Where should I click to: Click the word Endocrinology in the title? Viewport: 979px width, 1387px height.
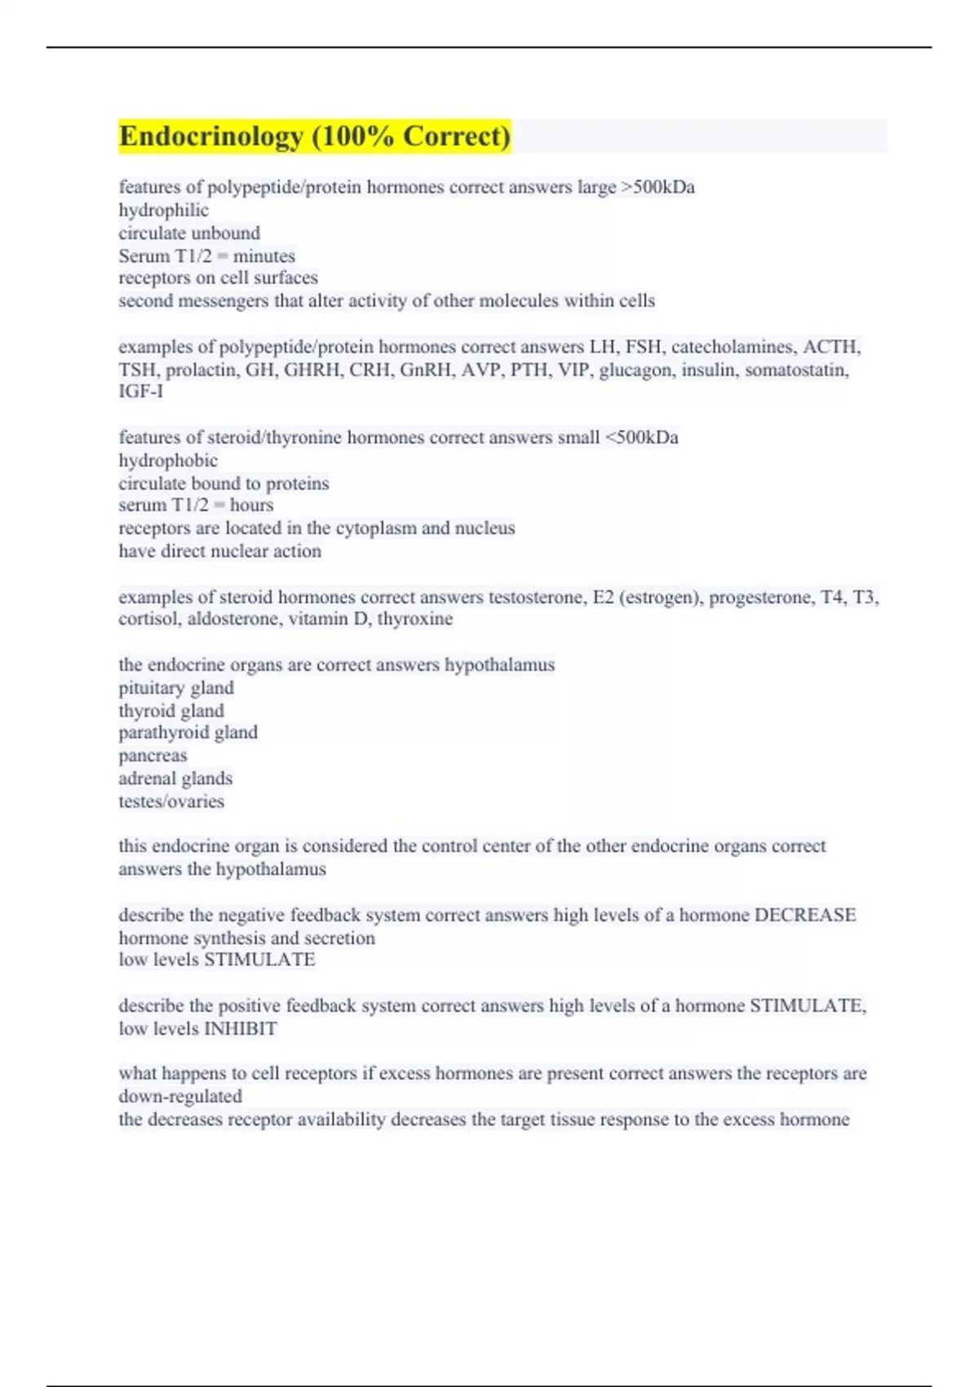(210, 136)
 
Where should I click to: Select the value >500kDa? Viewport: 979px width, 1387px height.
(658, 188)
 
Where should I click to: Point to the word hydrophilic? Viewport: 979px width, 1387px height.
(163, 210)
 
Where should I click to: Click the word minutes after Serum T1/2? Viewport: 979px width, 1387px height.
(264, 256)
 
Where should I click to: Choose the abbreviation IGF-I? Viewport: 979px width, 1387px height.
(140, 392)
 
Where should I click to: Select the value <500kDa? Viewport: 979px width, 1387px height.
(641, 438)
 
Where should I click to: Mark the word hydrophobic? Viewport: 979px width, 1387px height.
(168, 461)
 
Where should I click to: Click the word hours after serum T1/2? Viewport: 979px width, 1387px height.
(251, 506)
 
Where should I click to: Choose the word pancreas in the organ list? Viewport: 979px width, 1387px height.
(153, 756)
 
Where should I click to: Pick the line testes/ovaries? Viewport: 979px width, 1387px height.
(171, 802)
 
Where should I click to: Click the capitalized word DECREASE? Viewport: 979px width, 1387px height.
(805, 915)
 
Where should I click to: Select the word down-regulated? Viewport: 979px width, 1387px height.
(179, 1097)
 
